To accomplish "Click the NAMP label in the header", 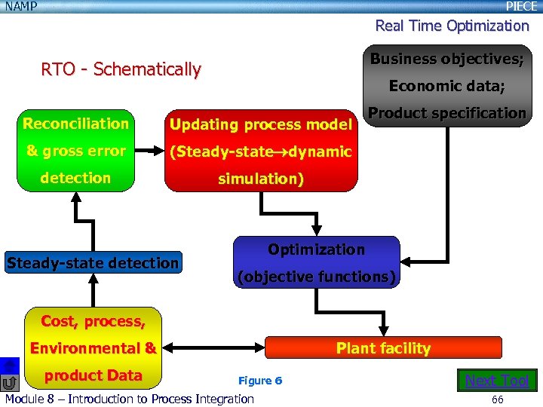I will tap(21, 6).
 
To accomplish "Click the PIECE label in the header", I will tap(521, 6).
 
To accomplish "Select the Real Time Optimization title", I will tap(452, 26).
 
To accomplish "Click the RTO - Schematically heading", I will tap(121, 70).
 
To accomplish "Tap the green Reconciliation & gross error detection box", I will tap(75, 151).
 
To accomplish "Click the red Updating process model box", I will tap(260, 151).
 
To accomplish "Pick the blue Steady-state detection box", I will tap(93, 262).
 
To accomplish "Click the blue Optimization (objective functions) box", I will tap(316, 263).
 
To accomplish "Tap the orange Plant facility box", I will tap(384, 347).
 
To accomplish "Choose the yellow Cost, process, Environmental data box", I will tap(94, 347).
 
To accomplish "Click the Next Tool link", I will tap(497, 381).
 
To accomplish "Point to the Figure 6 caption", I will tap(260, 381).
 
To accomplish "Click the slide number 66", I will tap(497, 399).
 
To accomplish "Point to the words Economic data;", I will tap(446, 86).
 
